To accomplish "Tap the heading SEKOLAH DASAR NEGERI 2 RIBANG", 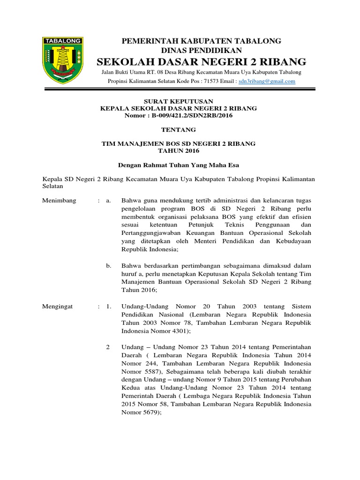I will coord(202,61).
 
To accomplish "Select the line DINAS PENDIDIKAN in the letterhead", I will coord(202,50).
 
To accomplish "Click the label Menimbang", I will coord(59,201).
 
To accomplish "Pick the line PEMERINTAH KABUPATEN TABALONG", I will coord(202,41).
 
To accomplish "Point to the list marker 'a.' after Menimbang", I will coord(108,201).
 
